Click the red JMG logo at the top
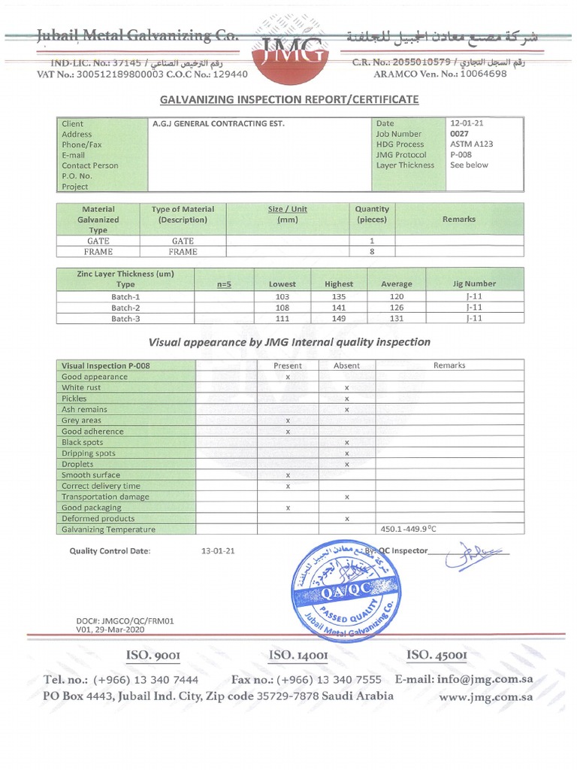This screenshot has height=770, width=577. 295,56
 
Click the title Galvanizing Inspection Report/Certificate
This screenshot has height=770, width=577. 288,99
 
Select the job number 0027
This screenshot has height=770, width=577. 458,134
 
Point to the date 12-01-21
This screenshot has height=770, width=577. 464,123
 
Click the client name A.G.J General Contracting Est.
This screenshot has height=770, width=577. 219,123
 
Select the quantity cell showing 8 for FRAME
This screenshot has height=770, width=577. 372,252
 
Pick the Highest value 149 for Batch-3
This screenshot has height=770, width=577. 338,318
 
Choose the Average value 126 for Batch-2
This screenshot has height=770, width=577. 396,308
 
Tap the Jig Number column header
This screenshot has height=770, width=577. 475,283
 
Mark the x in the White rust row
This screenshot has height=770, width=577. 346,387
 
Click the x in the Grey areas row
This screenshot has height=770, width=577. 288,420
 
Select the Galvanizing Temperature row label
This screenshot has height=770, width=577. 108,529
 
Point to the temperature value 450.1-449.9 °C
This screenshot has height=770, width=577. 409,529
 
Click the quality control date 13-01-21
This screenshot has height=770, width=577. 219,550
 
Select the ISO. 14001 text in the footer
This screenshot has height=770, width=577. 298,656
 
